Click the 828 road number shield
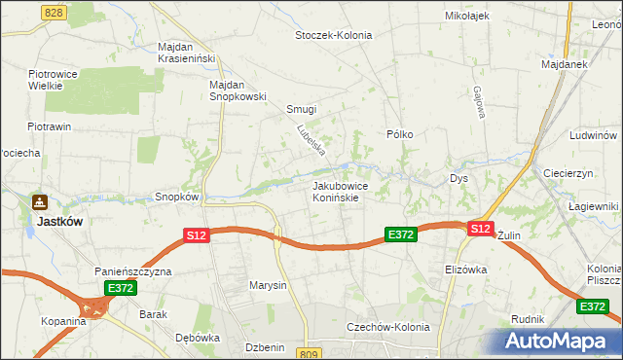pos(55,11)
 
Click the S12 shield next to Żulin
pos(479,229)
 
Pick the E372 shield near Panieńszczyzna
pos(121,288)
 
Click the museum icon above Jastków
pos(40,202)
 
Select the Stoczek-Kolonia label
pos(333,35)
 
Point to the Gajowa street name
pos(479,104)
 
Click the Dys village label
pos(459,179)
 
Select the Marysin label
pos(268,285)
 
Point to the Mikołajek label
pos(466,17)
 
